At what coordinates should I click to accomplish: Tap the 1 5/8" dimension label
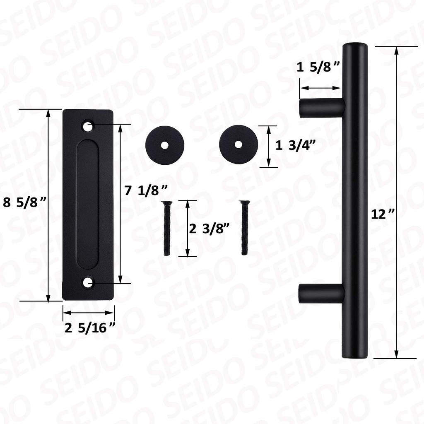318,67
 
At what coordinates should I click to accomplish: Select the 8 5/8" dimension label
24,202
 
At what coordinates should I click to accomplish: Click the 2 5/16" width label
90,328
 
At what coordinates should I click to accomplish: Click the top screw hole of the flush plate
88,125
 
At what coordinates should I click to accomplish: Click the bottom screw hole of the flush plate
88,283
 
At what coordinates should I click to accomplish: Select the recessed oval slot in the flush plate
88,204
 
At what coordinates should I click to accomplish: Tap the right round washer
239,144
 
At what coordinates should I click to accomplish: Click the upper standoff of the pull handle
322,108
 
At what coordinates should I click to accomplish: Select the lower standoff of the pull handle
322,293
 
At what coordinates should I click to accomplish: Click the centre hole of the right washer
239,144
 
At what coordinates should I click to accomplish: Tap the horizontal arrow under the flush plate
88,313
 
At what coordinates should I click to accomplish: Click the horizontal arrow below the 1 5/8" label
320,88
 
